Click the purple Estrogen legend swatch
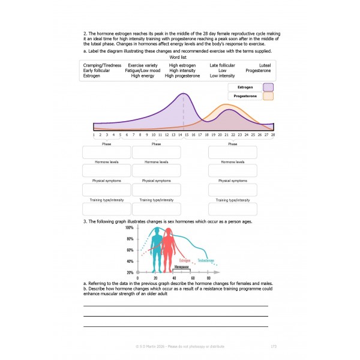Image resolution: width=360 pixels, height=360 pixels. pos(268,87)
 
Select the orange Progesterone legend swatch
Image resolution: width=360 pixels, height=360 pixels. pos(268,96)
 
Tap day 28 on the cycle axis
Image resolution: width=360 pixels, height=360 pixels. pos(273,135)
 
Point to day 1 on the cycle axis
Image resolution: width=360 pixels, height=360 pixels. pos(94,135)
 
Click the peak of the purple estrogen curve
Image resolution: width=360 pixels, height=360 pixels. pos(184,95)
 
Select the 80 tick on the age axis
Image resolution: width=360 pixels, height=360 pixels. pos(209,279)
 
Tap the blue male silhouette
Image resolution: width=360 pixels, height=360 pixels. pos(157,249)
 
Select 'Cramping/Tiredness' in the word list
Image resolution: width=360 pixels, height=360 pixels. pos(101,65)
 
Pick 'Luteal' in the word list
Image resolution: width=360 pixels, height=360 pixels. pos(265,65)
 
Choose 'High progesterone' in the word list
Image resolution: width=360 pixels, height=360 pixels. pos(182,76)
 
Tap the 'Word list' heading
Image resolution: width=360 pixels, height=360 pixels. pos(179,57)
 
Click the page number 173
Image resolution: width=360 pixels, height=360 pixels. pos(274,346)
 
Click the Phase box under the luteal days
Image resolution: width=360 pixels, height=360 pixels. pos(232,152)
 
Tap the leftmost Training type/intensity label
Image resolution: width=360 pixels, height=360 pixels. pos(107,199)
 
